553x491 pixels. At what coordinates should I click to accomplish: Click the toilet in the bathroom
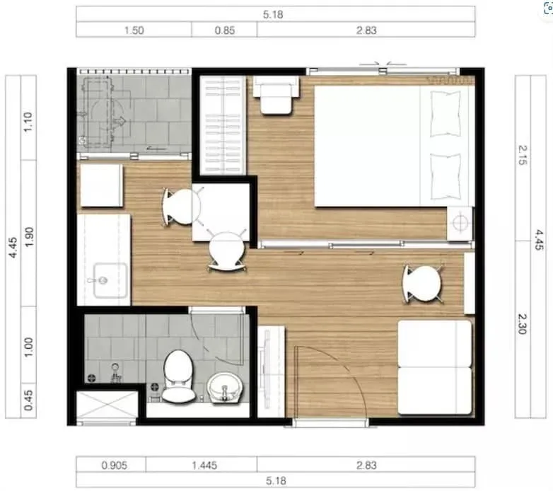point(178,376)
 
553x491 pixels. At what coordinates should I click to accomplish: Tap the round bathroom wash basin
point(225,387)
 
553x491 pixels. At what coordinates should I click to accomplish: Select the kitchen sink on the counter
point(110,280)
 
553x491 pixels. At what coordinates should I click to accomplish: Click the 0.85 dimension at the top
point(225,30)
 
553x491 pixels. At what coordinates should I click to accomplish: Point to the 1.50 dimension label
point(134,30)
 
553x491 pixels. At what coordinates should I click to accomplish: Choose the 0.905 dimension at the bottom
point(115,466)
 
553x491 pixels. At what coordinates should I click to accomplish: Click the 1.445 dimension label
point(204,466)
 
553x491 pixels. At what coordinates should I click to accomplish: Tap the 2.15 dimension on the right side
point(523,155)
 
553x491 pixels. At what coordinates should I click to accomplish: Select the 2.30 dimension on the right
point(523,324)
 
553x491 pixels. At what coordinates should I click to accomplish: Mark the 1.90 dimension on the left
point(28,237)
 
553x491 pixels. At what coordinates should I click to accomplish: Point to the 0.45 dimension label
point(28,400)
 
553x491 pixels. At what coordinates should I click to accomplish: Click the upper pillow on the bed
point(446,114)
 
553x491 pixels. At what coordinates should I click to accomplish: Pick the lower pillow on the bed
point(446,176)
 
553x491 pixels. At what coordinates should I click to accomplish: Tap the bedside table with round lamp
point(460,224)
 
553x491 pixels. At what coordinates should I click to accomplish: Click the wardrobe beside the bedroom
point(223,125)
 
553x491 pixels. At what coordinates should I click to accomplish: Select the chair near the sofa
point(422,284)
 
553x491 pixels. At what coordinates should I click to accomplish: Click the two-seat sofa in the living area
point(435,367)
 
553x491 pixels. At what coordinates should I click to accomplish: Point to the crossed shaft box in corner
point(107,405)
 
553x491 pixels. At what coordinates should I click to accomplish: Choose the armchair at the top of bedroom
point(276,96)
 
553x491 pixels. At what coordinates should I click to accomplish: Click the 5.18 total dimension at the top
point(273,14)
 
